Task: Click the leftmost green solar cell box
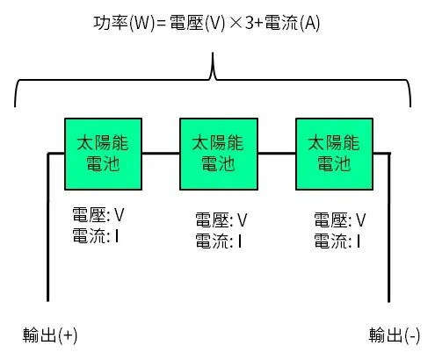click(x=99, y=154)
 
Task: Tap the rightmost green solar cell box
click(x=331, y=154)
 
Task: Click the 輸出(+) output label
click(x=50, y=335)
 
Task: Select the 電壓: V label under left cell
click(x=98, y=213)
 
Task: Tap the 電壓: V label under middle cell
click(x=221, y=220)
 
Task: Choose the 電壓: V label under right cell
click(x=339, y=220)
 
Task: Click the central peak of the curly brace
click(x=214, y=63)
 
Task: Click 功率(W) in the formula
click(x=113, y=24)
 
